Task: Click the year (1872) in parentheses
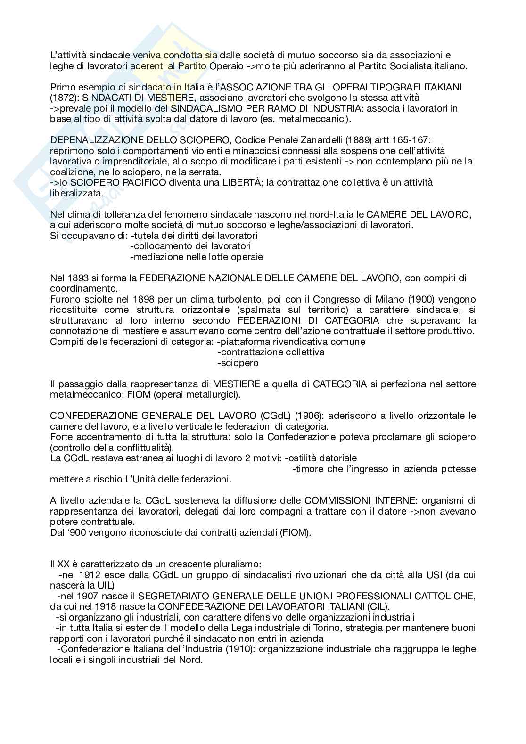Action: (x=63, y=98)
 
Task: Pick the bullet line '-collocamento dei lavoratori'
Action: (x=190, y=246)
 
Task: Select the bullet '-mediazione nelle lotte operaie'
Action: (x=197, y=257)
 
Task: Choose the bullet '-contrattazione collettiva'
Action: (x=271, y=352)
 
